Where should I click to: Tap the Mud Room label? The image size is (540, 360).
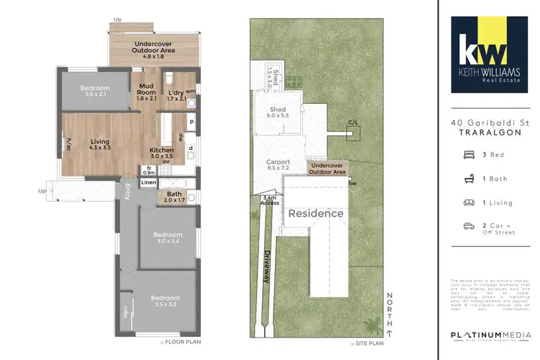(x=148, y=90)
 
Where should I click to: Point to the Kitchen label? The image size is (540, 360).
(x=162, y=150)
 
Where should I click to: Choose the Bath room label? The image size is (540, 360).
(x=174, y=193)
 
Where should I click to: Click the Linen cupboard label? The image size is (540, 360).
(x=148, y=183)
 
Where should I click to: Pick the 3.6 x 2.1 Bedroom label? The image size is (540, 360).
(x=95, y=90)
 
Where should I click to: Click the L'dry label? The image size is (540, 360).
(x=176, y=90)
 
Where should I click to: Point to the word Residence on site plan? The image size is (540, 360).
(x=316, y=214)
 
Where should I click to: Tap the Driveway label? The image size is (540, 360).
(x=266, y=266)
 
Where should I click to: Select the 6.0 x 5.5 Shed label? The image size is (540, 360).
(x=278, y=111)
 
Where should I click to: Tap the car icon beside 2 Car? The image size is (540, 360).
(x=468, y=226)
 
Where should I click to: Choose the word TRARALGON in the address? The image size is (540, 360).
(x=490, y=133)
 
